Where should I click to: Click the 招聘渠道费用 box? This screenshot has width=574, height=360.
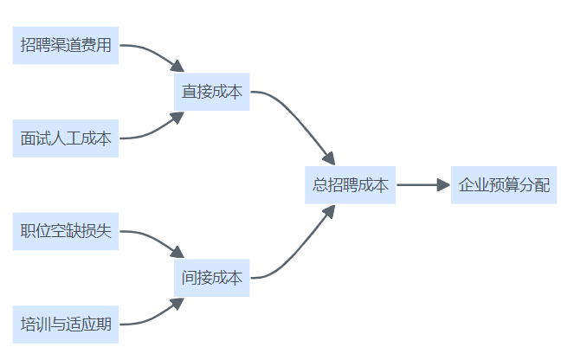coord(66,45)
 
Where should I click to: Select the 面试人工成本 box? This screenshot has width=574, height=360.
coord(66,138)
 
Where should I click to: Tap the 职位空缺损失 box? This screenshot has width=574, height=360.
coord(66,232)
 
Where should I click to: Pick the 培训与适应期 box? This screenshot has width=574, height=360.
coord(66,325)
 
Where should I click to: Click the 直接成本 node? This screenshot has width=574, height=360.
coord(211,92)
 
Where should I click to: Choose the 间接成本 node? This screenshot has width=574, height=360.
coord(211,279)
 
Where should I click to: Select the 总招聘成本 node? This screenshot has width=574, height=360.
coord(350,185)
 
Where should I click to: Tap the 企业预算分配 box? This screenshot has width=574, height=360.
coord(503,185)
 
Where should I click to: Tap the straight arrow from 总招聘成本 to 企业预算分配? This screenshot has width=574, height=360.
coord(419,185)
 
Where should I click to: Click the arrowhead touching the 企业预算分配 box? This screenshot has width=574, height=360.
coord(443,185)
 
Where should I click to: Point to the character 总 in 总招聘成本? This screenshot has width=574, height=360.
coord(319,185)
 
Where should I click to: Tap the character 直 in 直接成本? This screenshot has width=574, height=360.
coord(189,92)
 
